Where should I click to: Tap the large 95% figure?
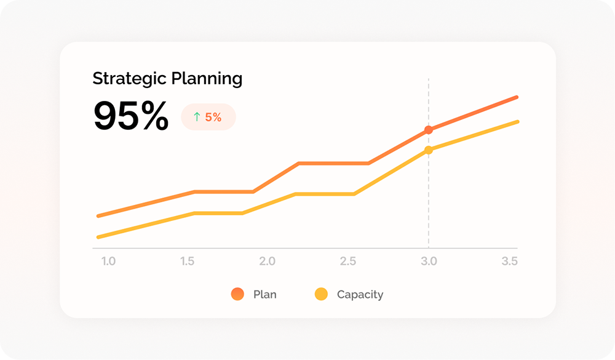[x=131, y=116]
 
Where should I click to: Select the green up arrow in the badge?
[x=197, y=117]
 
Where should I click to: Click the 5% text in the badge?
[x=213, y=117]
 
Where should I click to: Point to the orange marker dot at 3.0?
[x=429, y=130]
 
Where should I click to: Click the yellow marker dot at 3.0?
[x=429, y=150]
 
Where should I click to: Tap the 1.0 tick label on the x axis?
[x=108, y=262]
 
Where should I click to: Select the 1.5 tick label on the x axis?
[x=188, y=262]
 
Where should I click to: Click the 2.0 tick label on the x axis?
[x=268, y=262]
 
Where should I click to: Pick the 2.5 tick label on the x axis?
[x=348, y=262]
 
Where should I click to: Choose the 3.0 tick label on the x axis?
[x=429, y=262]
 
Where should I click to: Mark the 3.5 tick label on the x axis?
[x=509, y=262]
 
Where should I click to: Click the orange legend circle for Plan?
[x=237, y=294]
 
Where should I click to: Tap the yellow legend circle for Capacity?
[x=321, y=294]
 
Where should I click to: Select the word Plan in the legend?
[x=265, y=295]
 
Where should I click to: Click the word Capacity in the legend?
[x=360, y=295]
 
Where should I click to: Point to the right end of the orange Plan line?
[x=517, y=97]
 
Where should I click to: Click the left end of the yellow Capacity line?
[x=98, y=237]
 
